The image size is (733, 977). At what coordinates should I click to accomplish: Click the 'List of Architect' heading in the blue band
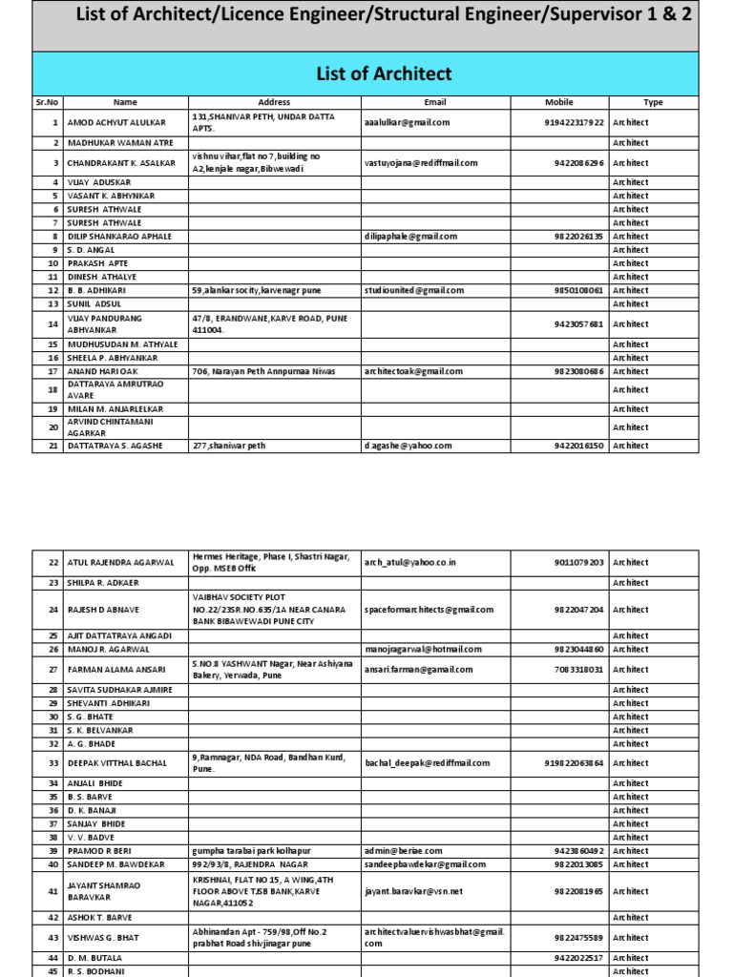(383, 73)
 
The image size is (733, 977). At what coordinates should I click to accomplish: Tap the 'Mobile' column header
(559, 102)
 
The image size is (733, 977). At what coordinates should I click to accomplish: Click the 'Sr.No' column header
(48, 102)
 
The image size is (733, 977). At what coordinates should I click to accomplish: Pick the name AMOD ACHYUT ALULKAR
(115, 123)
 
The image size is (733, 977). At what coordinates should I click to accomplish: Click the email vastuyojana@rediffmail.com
(421, 163)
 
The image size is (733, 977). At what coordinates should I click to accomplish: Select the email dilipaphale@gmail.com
(410, 236)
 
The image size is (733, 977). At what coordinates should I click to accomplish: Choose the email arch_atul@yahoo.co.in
(410, 563)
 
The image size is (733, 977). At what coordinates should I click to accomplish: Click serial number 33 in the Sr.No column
(52, 763)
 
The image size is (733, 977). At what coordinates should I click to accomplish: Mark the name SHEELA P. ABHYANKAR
(114, 358)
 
